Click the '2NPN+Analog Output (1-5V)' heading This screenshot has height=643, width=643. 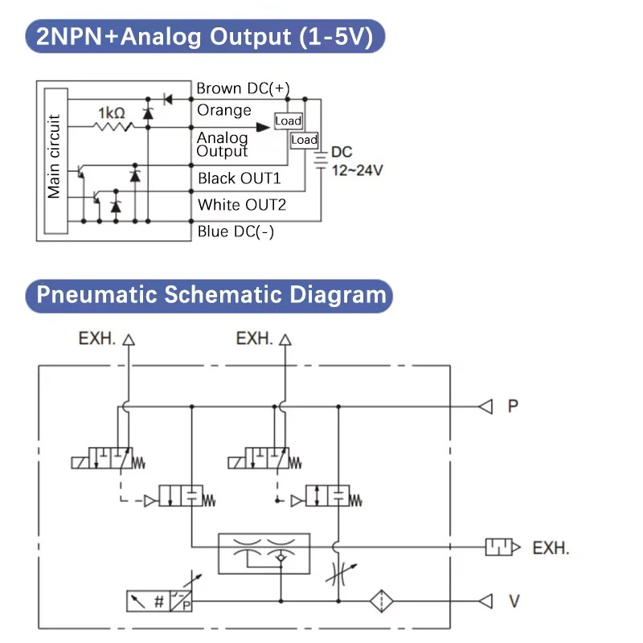205,36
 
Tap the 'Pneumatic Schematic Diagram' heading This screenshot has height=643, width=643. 209,295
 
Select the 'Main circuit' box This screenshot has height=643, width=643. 56,161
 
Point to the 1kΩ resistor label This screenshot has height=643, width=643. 112,113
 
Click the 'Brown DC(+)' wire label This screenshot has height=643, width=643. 243,88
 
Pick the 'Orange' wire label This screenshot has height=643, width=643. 224,110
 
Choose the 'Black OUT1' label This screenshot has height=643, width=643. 239,178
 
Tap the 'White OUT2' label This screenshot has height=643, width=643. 242,205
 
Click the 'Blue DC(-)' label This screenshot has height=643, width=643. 235,231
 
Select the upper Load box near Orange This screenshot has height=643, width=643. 289,121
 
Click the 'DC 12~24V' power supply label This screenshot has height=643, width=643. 357,162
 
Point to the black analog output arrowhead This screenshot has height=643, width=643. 263,127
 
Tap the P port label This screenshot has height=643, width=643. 513,406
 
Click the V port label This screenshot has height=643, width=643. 514,601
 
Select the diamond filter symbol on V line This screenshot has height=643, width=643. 381,601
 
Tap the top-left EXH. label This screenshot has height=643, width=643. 96,338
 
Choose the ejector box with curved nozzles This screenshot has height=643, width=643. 264,554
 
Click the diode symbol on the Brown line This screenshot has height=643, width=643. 168,99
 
